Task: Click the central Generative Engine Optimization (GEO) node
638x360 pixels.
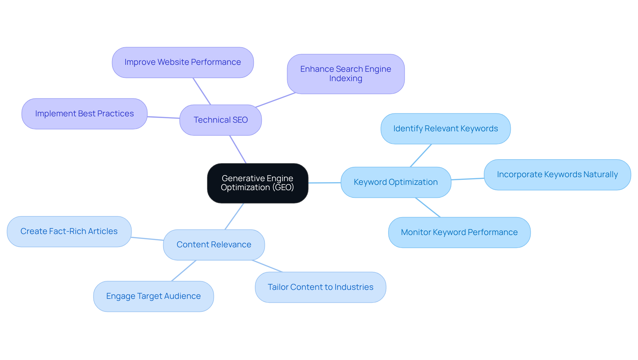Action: coord(258,183)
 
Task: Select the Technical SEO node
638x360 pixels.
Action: coord(221,120)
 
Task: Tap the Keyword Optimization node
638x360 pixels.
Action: coord(396,182)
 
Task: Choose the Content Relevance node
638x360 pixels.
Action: coord(214,245)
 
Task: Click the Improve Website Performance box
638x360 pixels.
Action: coord(183,62)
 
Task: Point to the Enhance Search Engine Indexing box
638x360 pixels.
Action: coord(346,74)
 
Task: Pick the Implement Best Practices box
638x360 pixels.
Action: coord(84,114)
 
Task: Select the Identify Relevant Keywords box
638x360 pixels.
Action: coord(445,129)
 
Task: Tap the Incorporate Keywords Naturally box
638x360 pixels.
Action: coord(557,175)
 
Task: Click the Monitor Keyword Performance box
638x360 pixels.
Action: coord(459,232)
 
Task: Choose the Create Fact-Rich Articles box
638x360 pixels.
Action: coord(69,231)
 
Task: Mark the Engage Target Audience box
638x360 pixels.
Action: coord(154,296)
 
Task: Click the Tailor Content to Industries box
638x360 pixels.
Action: coord(320,287)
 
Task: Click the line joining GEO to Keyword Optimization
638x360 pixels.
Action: coord(325,182)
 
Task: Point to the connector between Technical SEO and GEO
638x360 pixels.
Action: coord(238,149)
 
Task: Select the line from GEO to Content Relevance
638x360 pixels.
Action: coord(234,216)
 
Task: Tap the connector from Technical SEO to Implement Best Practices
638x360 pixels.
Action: coord(163,117)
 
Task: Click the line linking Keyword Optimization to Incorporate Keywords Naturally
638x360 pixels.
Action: coord(468,179)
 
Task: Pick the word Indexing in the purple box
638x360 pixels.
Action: coord(346,78)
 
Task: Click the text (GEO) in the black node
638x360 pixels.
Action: coord(283,187)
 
